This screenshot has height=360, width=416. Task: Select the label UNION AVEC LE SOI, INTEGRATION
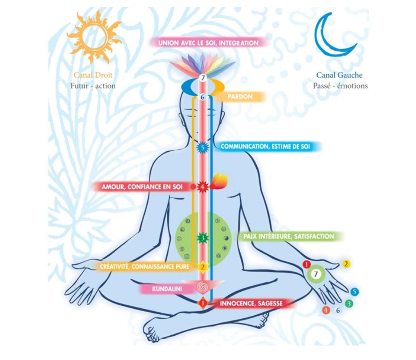208,43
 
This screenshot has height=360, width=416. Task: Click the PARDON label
240,97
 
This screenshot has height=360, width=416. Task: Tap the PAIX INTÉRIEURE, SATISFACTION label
289,236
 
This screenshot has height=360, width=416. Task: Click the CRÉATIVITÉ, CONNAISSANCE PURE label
144,267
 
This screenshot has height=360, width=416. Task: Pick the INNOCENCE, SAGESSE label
251,303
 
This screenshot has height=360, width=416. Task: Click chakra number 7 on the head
203,78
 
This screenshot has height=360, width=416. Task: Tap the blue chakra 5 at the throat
203,147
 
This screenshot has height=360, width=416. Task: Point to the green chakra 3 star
203,237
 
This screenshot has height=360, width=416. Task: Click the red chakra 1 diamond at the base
203,303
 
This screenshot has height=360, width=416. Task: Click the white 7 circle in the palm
316,274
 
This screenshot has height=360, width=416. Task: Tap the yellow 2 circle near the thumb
346,264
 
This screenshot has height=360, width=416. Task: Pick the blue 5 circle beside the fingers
355,292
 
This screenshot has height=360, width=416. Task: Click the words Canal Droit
93,75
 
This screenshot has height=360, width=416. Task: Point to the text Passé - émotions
340,86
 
